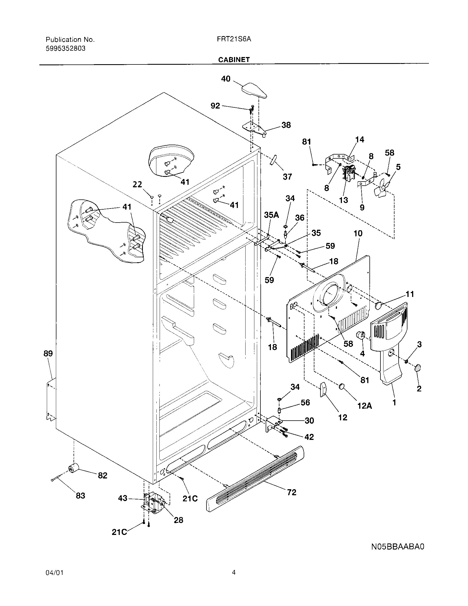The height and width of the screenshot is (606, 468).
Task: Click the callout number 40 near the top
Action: (x=226, y=79)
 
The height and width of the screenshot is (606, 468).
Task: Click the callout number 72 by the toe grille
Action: (x=292, y=492)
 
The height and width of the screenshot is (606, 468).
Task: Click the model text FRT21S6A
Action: (x=234, y=39)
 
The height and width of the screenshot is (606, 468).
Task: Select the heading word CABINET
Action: (x=234, y=60)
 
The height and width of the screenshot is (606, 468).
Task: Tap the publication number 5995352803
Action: (x=66, y=48)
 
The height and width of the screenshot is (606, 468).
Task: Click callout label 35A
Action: (x=271, y=215)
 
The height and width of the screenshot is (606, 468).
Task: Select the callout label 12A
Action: (x=364, y=406)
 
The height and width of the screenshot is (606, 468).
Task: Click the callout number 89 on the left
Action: (x=48, y=353)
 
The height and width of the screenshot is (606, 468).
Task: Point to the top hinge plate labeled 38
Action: (x=253, y=128)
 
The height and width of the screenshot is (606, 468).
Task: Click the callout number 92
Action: (x=216, y=106)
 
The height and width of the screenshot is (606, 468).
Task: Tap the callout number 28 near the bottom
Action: (x=178, y=520)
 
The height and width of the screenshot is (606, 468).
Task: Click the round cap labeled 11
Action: (x=379, y=306)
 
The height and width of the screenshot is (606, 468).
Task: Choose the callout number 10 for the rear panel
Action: (x=358, y=233)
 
